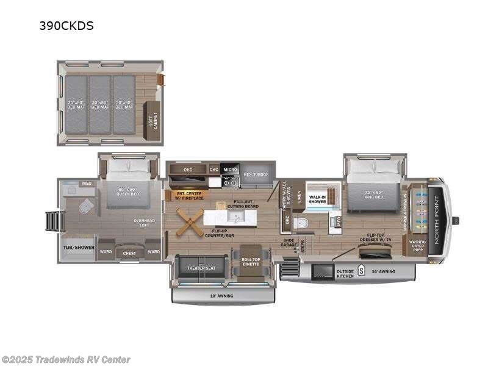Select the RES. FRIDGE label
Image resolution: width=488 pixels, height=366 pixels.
[x=256, y=175]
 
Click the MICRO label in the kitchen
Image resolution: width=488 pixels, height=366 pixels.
[x=230, y=169]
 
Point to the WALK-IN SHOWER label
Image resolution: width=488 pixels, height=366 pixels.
[x=317, y=199]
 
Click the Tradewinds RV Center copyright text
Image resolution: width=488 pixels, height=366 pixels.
[x=66, y=360]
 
